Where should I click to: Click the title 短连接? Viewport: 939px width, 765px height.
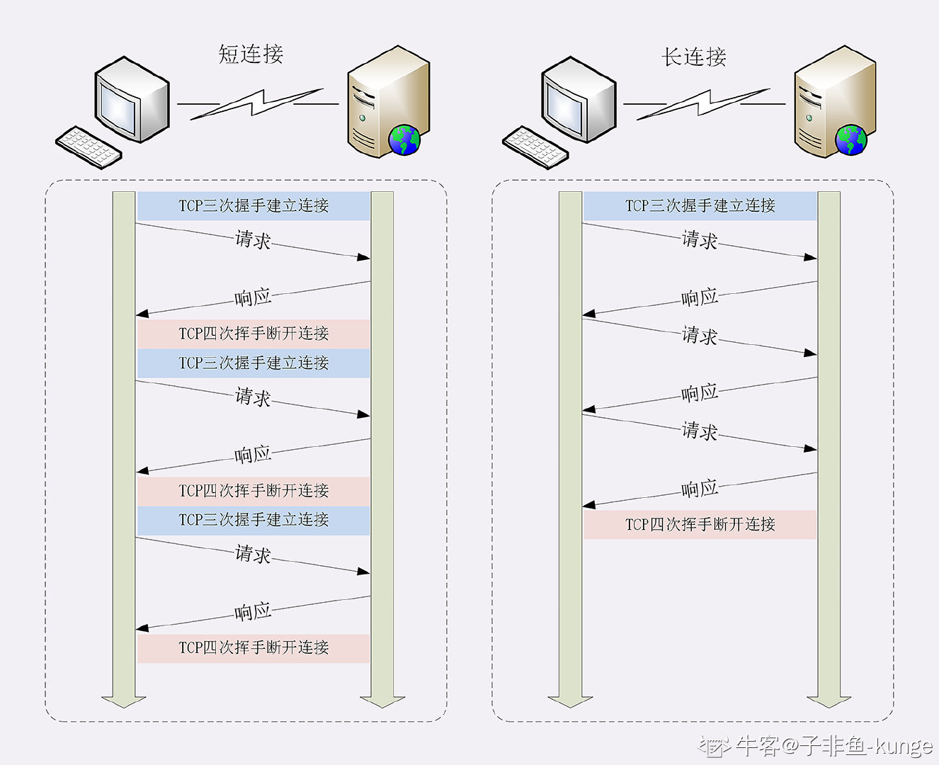[x=251, y=54]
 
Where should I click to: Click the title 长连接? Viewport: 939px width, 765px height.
[x=694, y=57]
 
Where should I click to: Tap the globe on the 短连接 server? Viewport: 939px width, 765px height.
[x=404, y=140]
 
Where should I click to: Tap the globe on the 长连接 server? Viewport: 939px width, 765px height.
[x=850, y=140]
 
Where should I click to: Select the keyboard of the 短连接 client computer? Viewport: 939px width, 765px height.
[x=89, y=147]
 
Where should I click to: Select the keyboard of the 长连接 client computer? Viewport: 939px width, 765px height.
[x=535, y=147]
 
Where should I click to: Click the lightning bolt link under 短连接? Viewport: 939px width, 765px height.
[x=257, y=103]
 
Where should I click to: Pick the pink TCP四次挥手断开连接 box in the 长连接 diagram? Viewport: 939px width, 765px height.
[x=700, y=525]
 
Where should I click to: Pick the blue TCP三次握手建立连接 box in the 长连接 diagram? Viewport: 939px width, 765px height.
[x=700, y=206]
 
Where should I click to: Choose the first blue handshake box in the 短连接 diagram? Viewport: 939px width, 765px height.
[x=254, y=206]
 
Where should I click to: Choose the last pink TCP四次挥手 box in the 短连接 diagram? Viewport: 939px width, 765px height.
[x=254, y=647]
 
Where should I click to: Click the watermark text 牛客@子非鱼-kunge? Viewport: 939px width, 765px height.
[x=833, y=745]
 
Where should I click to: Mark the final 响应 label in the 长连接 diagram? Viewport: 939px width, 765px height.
[x=700, y=489]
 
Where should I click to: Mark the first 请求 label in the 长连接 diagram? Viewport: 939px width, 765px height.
[x=700, y=240]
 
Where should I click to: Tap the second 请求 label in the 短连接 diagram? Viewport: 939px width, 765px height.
[x=254, y=397]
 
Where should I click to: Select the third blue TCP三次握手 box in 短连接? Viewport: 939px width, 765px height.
[x=254, y=520]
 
